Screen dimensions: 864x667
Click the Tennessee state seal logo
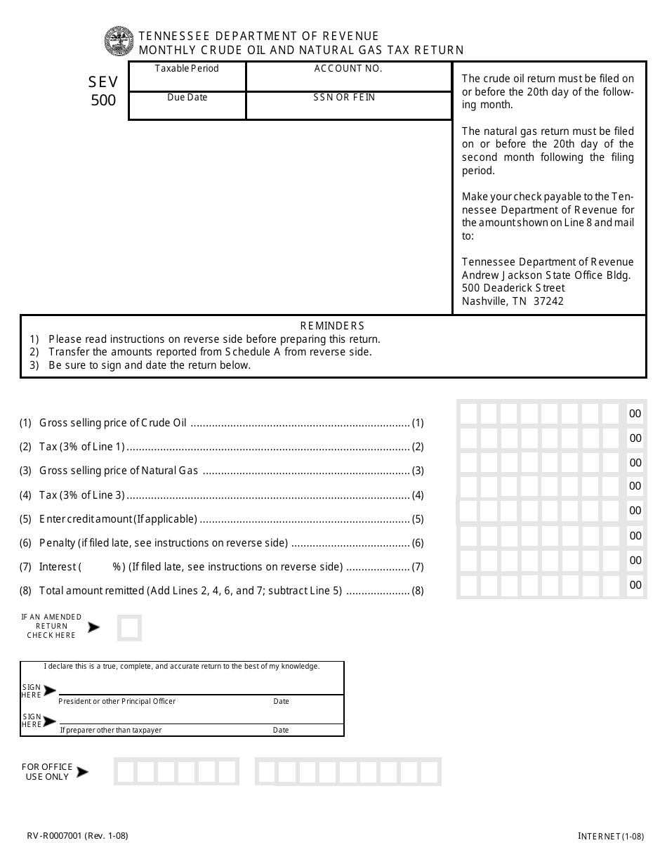coord(119,41)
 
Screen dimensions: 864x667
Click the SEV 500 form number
coord(103,91)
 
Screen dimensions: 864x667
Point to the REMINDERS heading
coord(332,325)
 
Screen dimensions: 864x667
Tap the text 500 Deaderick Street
coord(513,288)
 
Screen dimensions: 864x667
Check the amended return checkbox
coord(129,628)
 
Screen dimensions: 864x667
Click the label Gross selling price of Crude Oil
coord(113,423)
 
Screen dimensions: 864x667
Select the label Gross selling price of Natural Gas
coord(119,471)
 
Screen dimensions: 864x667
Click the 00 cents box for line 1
coord(635,414)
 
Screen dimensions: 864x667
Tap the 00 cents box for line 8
coord(635,584)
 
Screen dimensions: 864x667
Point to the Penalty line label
coord(164,543)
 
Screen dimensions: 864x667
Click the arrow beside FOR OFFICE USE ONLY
coord(82,772)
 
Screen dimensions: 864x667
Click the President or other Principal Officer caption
coord(117,701)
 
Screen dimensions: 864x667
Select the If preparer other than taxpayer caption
coord(111,730)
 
